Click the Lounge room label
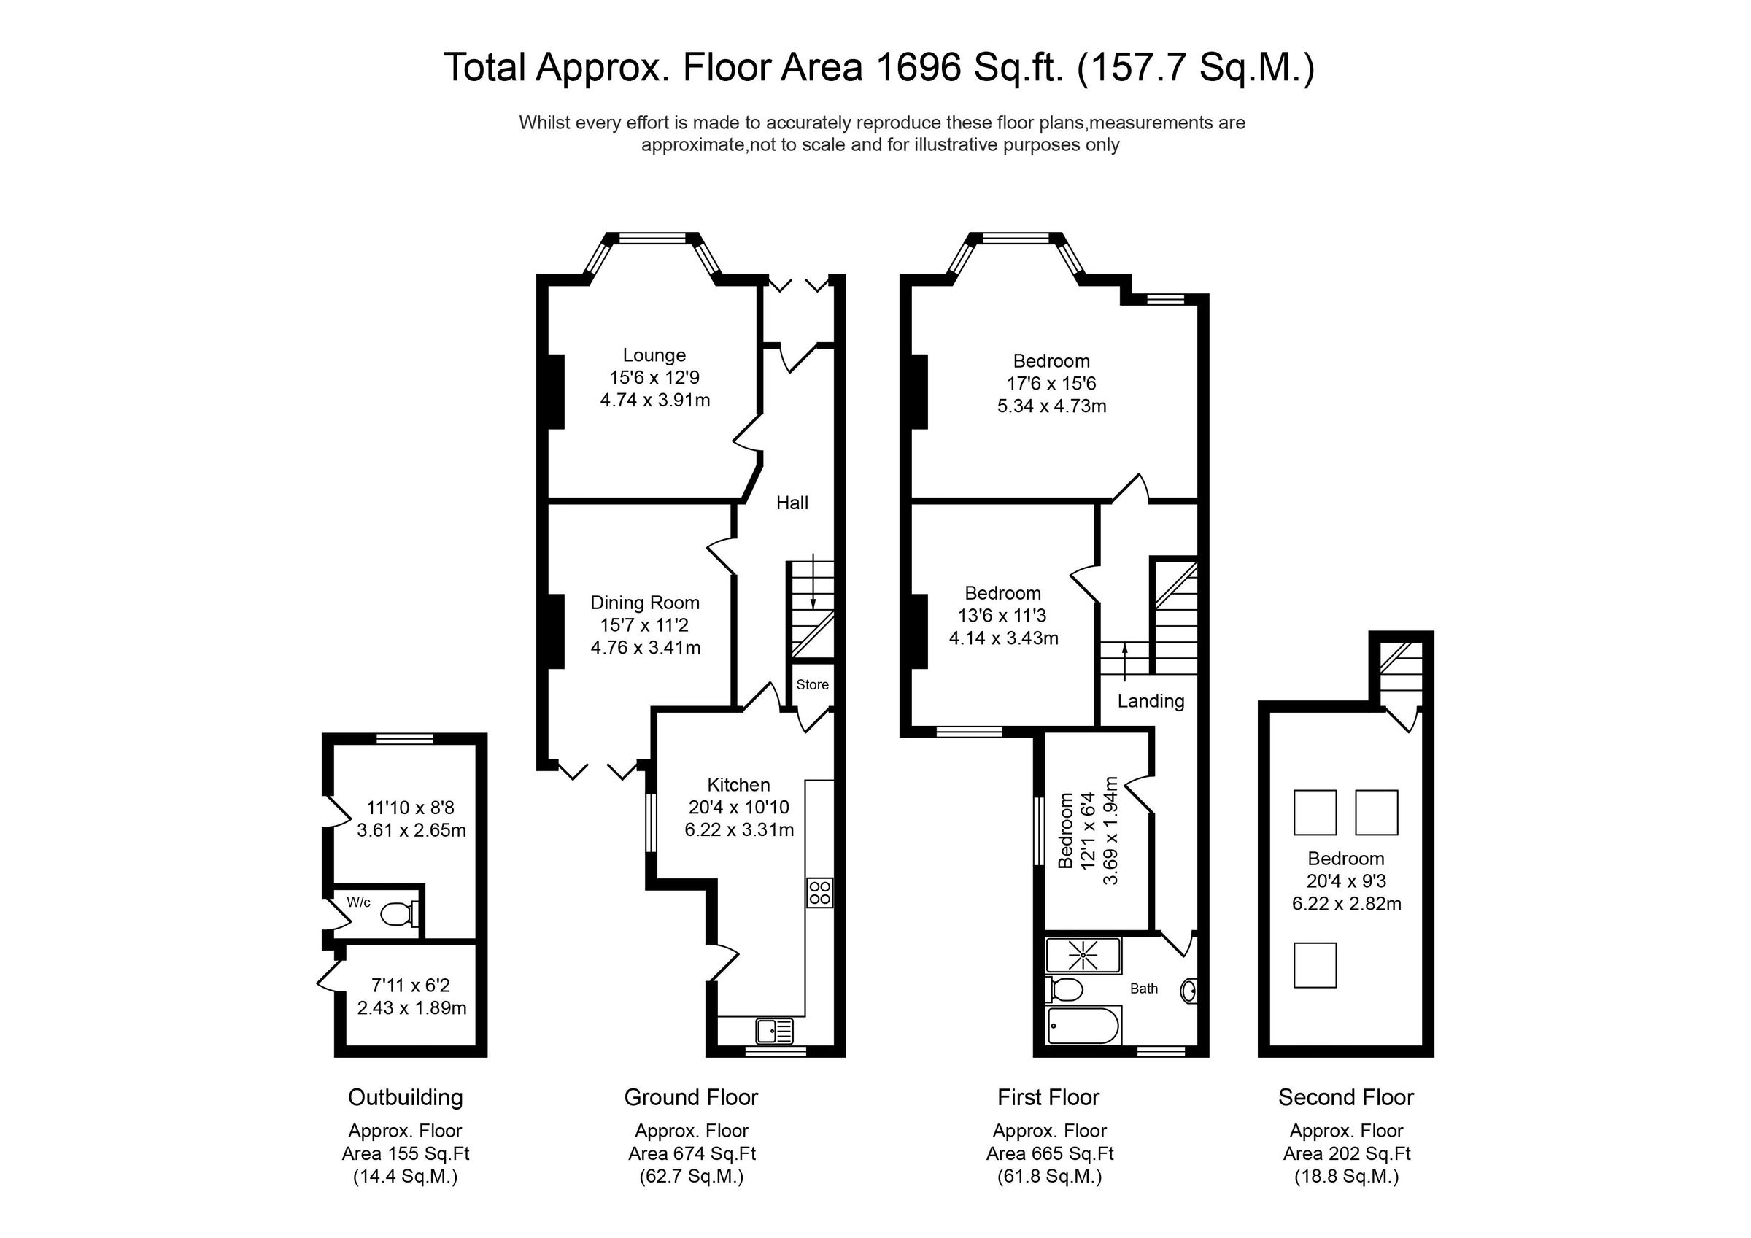[654, 355]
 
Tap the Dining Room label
[644, 603]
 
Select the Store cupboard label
[812, 684]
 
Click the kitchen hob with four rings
[820, 892]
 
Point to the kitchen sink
[774, 1032]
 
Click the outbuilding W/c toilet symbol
[398, 913]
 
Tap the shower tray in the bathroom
[1083, 956]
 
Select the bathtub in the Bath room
[1083, 1026]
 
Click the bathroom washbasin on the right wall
[1188, 991]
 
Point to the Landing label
[1150, 701]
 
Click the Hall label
[792, 503]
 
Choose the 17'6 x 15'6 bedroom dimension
[1051, 384]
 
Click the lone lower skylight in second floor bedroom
[1315, 965]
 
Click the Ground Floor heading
[691, 1097]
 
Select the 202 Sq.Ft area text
[1346, 1153]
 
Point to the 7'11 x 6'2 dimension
[410, 985]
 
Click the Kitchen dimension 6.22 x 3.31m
[738, 830]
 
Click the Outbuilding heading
[405, 1097]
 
